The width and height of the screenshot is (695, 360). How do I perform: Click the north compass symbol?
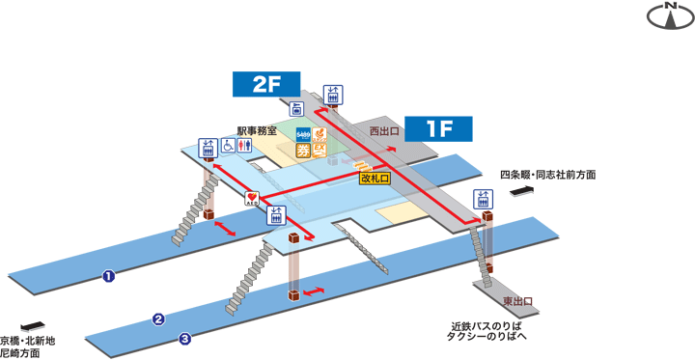(670, 14)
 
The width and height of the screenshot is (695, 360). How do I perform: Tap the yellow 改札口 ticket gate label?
(374, 179)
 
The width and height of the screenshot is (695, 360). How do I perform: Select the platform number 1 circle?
(109, 277)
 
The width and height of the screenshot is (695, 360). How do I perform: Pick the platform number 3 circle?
(185, 338)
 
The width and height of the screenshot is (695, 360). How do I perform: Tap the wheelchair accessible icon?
(228, 147)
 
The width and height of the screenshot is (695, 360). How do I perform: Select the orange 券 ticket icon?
(303, 150)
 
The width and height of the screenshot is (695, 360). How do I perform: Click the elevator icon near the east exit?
(483, 199)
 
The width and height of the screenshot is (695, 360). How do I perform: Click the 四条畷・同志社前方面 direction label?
(547, 175)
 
